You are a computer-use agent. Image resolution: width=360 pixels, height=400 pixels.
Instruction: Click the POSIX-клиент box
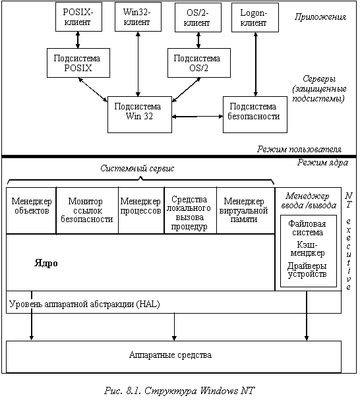point(78,17)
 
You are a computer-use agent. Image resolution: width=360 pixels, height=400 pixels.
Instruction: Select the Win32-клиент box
point(138,17)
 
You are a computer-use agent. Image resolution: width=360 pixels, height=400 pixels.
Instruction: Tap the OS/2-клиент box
point(198,17)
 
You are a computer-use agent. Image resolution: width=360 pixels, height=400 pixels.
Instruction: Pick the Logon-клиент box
point(255,17)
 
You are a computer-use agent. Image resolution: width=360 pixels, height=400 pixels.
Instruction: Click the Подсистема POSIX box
point(78,63)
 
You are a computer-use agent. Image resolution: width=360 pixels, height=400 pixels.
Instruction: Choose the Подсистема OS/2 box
point(199,63)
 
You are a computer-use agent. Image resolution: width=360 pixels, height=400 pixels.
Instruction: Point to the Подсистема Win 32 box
point(140,115)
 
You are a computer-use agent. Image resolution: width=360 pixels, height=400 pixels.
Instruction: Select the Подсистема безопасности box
point(255,115)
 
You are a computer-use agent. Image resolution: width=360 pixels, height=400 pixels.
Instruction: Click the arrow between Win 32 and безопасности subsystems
point(197,117)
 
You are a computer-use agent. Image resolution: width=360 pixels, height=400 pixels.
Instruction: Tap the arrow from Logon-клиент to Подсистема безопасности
point(256,65)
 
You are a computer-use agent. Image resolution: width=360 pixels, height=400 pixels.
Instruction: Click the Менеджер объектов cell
point(31,210)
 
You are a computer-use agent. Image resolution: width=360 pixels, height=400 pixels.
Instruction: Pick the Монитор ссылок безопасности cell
point(87,210)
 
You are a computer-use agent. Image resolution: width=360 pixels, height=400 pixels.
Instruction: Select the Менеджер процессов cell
point(141,210)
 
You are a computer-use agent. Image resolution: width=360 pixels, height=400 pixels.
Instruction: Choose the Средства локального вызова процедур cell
point(190,210)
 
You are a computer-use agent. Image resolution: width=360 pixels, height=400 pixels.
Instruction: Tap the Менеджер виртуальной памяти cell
point(246,210)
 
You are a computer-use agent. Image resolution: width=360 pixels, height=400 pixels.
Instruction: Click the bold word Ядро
point(46,263)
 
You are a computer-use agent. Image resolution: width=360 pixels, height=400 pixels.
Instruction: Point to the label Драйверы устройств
point(307,270)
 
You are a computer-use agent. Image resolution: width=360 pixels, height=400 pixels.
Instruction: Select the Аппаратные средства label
point(170,355)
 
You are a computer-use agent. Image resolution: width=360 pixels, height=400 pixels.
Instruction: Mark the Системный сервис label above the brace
point(137,168)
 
